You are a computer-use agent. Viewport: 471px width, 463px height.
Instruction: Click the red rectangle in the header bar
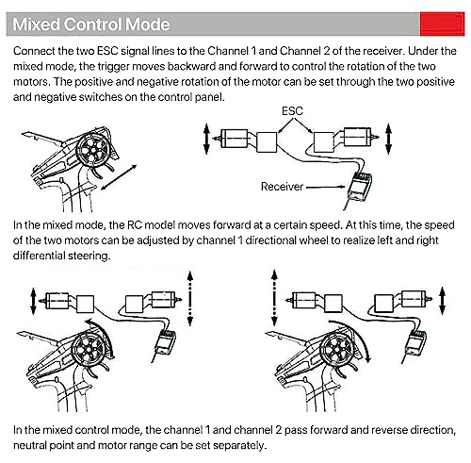click(442, 24)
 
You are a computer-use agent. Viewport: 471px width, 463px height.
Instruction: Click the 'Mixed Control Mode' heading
click(91, 25)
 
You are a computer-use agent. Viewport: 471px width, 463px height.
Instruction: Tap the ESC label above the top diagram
click(292, 111)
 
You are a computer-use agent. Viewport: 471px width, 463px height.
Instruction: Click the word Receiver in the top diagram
click(282, 187)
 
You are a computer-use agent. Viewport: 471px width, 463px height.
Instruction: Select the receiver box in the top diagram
click(360, 188)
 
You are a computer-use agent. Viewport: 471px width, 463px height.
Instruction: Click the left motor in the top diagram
click(233, 139)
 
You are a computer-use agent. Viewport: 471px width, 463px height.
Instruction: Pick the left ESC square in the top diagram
click(267, 142)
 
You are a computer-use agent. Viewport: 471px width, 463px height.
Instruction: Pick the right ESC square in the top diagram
click(324, 142)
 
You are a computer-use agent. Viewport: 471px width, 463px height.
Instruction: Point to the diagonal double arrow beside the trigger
click(119, 177)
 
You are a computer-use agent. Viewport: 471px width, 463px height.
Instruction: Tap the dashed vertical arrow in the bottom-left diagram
click(190, 298)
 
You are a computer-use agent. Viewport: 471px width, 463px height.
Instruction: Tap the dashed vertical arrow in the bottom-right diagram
click(274, 298)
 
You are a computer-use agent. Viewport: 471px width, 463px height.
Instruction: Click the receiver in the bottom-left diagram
click(166, 341)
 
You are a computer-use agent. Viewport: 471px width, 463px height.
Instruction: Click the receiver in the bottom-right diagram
click(415, 342)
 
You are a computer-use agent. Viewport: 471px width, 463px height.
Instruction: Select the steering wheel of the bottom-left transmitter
click(89, 348)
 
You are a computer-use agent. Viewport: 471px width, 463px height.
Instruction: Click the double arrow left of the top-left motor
click(206, 139)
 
